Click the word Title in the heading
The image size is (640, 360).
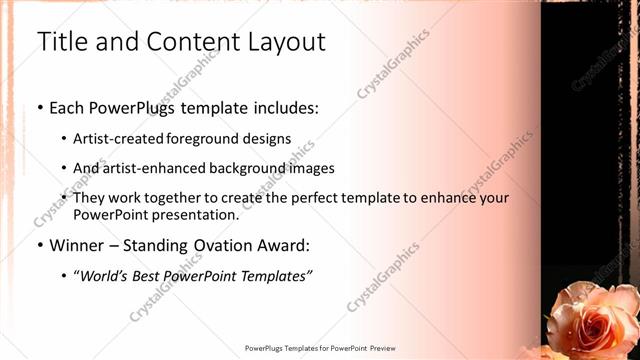click(x=58, y=42)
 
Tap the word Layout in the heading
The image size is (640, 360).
click(x=286, y=42)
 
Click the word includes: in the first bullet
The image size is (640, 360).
click(x=283, y=105)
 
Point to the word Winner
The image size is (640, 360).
click(x=76, y=245)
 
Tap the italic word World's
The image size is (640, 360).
click(x=105, y=275)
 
